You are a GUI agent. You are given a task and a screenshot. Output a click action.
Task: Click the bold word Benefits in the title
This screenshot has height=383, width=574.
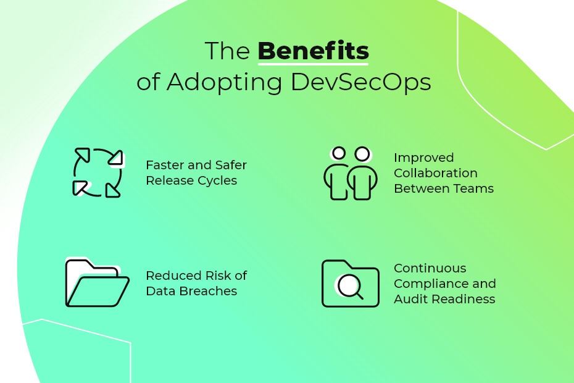(314, 51)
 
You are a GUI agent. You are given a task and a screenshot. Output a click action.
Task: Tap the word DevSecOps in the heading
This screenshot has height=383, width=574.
(361, 82)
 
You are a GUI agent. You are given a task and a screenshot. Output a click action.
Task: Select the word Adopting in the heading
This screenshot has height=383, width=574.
(225, 82)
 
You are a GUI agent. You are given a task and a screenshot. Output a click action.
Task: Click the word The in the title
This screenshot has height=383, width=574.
(227, 51)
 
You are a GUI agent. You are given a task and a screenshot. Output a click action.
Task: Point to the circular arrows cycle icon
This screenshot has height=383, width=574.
(98, 172)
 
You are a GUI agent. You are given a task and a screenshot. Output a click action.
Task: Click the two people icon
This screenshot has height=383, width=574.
(351, 173)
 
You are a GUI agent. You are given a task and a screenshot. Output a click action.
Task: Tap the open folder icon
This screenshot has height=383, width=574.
(97, 282)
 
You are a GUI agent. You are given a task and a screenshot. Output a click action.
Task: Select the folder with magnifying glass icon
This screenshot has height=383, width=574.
(351, 284)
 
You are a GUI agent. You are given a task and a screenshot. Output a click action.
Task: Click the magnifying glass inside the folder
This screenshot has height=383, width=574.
(350, 287)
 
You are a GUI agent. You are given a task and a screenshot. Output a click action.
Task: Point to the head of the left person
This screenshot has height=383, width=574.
(339, 153)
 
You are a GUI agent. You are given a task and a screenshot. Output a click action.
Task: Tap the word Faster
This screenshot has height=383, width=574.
(165, 165)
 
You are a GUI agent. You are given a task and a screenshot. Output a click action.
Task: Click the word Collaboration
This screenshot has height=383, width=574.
(436, 173)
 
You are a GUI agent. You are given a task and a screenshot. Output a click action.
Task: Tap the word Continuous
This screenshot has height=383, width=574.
(430, 268)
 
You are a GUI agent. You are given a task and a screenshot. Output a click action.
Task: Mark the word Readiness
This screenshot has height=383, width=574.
(464, 299)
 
